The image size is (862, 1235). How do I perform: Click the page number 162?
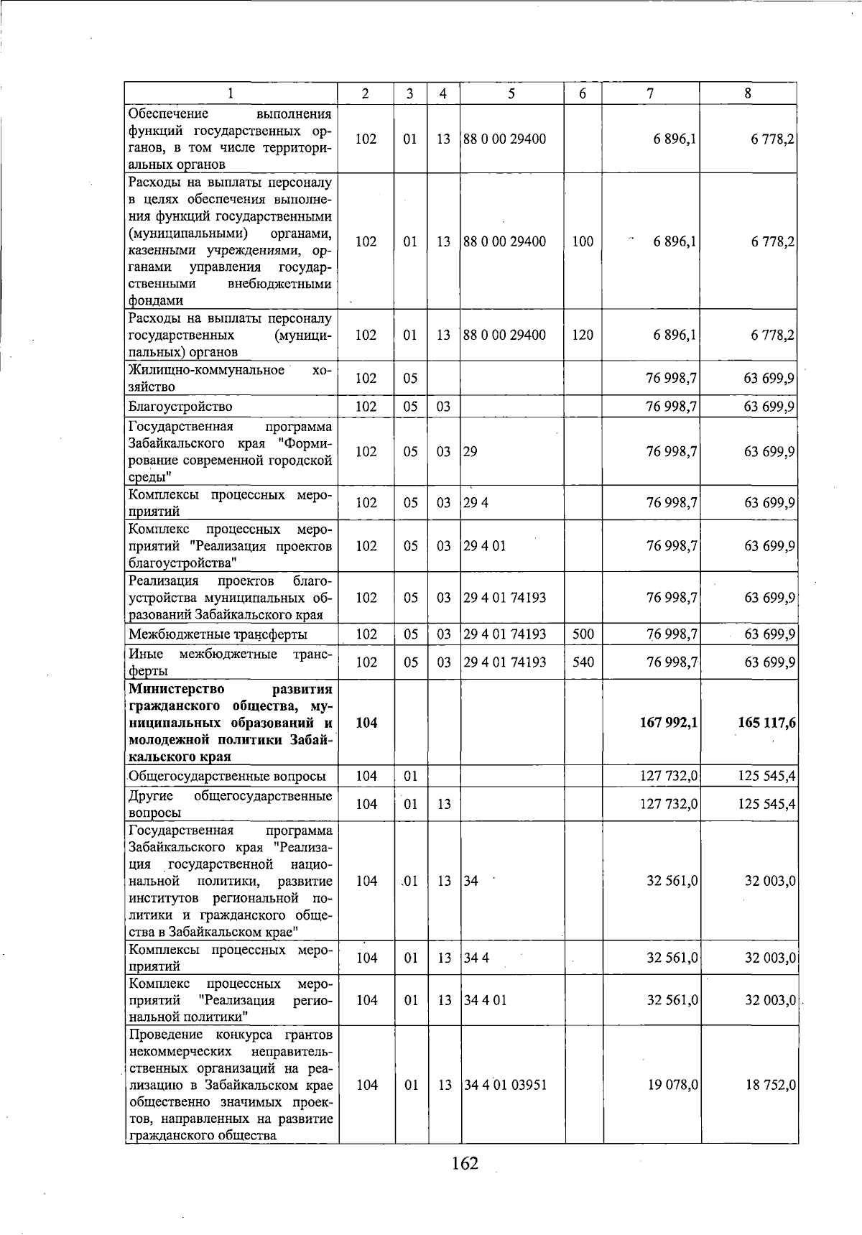pos(465,1183)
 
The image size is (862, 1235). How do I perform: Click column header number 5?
pos(511,93)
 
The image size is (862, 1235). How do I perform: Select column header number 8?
pos(748,93)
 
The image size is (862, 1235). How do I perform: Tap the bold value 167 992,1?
pos(668,723)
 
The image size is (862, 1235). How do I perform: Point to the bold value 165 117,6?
pos(766,723)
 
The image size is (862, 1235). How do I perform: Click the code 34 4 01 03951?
pos(505,1085)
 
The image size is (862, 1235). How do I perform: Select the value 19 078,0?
pos(673,1085)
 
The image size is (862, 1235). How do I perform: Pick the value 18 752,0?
pos(770,1085)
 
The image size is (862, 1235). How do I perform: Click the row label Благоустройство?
pos(180,407)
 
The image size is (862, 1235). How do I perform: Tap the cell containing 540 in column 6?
pos(583,662)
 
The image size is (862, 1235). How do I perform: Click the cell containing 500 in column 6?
pos(583,634)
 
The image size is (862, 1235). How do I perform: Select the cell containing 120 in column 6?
pos(583,335)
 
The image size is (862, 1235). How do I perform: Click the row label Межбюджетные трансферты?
pos(218,634)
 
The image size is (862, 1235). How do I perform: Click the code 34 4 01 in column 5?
pos(485,1000)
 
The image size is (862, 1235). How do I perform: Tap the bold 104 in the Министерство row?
pos(366,723)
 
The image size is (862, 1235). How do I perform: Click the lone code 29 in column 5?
pos(470,452)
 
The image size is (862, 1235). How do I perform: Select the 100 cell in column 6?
pos(583,242)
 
